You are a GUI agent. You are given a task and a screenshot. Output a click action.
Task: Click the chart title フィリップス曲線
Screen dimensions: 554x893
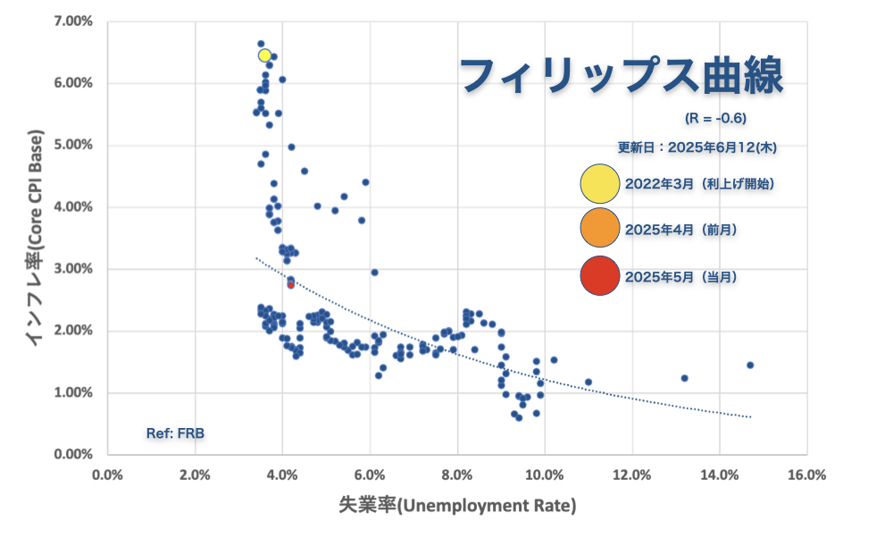point(622,76)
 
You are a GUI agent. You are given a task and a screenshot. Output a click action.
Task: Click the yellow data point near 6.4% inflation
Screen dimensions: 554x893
point(264,55)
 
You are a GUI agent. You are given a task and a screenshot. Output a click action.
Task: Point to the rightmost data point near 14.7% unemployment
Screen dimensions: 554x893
point(750,365)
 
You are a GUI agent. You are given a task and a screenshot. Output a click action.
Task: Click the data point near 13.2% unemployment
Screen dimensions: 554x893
point(684,378)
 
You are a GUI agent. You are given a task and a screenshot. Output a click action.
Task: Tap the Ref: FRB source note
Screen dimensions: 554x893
point(175,433)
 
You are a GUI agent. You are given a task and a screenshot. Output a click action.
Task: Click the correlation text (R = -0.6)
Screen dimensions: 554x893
point(715,118)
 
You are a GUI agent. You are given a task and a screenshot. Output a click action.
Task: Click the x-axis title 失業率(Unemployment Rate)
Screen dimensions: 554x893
point(457,506)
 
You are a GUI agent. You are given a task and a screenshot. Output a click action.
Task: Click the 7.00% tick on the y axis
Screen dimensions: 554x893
point(73,21)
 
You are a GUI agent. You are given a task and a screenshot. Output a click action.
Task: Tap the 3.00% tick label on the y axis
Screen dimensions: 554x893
point(73,268)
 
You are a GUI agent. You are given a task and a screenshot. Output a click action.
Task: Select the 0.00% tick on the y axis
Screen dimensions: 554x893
point(73,454)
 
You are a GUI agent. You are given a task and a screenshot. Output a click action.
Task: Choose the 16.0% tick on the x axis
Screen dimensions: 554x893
point(807,474)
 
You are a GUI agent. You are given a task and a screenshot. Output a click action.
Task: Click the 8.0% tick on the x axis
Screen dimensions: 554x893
point(457,474)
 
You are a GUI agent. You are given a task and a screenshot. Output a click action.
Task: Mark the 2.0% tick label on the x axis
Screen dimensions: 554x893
point(195,474)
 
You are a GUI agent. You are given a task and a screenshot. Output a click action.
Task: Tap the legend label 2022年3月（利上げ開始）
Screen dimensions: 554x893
point(699,183)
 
